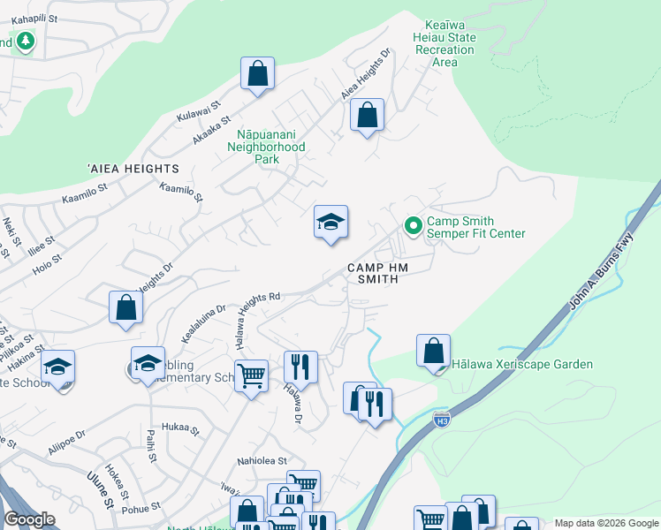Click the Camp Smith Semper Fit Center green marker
[412, 227]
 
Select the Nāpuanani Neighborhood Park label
[266, 148]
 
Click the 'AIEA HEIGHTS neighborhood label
[133, 168]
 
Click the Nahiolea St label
[262, 461]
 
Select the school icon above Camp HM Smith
[330, 222]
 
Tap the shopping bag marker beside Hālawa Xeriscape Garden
[434, 351]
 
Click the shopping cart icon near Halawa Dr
[252, 376]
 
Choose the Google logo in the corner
[30, 519]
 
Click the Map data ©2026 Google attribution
[605, 523]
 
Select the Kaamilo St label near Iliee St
[84, 194]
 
